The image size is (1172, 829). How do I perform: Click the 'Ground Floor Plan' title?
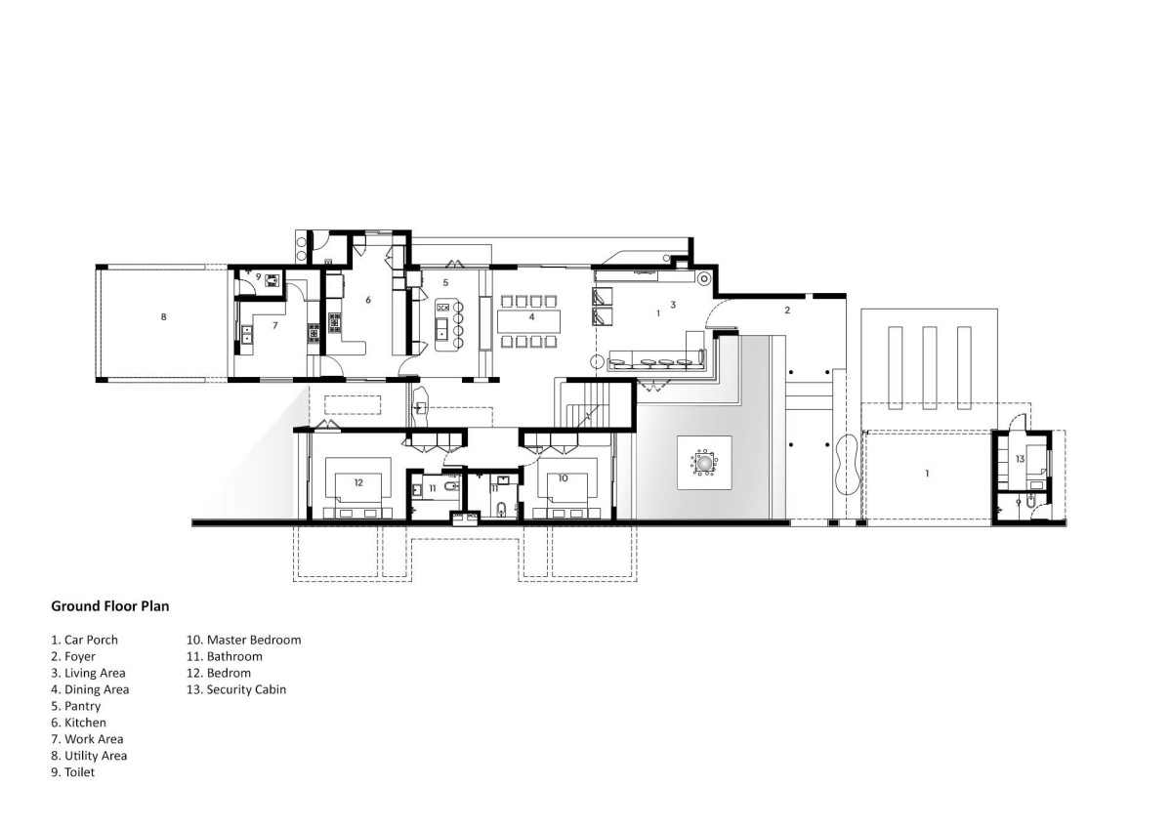point(109,606)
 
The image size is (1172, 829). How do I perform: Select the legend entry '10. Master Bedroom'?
point(244,640)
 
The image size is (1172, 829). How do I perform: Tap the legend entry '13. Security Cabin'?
point(236,689)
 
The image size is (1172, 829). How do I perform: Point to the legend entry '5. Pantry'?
point(76,706)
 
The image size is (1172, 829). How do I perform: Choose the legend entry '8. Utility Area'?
point(89,755)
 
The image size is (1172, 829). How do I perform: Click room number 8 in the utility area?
point(164,316)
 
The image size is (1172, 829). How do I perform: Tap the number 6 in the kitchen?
point(368,300)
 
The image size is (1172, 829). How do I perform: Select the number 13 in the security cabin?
point(1020,459)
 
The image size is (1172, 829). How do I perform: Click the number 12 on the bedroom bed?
point(358,482)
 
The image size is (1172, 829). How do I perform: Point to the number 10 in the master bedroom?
point(563,477)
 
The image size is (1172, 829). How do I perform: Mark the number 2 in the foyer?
point(787,311)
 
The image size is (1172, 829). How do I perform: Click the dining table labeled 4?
point(528,320)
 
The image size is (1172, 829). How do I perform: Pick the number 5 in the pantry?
point(445,282)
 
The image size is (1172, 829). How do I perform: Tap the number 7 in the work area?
point(275,325)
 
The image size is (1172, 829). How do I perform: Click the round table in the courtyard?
point(704,463)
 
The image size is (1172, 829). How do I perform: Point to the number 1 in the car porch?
point(927,474)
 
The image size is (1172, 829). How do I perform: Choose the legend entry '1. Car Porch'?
point(84,640)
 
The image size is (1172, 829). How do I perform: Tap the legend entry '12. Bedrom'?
point(219,673)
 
